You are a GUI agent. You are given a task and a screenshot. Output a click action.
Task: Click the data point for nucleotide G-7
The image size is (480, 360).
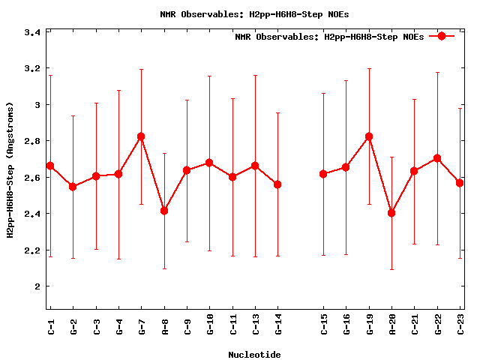[141, 136]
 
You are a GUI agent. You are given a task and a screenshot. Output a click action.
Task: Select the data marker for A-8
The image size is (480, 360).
[164, 211]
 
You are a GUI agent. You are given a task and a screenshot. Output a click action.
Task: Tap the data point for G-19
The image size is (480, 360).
[368, 136]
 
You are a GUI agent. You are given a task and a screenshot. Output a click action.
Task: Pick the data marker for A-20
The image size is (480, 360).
[391, 213]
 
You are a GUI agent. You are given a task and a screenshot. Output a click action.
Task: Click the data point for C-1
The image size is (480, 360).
[50, 166]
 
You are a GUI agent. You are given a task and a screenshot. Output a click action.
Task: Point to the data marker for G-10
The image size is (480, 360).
[209, 163]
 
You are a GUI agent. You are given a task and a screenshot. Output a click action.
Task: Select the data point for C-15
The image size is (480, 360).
[323, 174]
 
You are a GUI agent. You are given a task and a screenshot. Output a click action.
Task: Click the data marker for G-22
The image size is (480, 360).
[437, 158]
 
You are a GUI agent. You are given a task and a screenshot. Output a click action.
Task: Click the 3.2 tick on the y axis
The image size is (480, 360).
[31, 69]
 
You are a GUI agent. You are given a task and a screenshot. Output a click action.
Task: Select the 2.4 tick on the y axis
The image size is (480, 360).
[31, 214]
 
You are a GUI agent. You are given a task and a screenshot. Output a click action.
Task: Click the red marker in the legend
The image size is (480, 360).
[442, 36]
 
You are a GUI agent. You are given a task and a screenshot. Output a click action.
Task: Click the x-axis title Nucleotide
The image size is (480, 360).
[255, 354]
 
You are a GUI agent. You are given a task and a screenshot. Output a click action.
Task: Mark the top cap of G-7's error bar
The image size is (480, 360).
[141, 70]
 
